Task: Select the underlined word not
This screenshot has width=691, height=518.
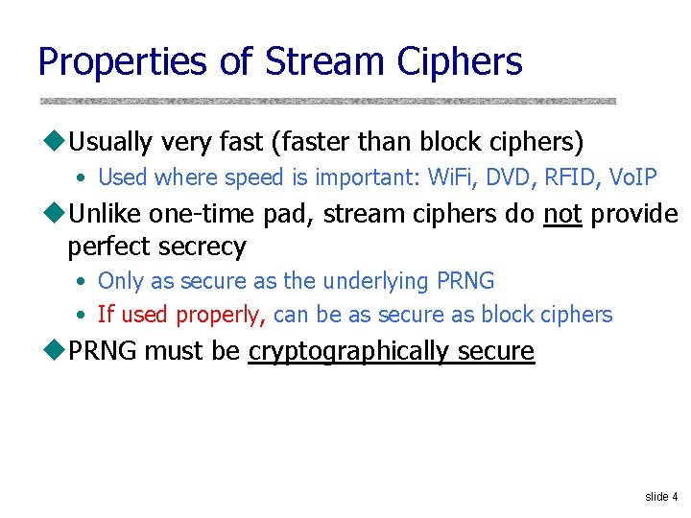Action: coord(562,213)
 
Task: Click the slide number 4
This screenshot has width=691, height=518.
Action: coord(675,497)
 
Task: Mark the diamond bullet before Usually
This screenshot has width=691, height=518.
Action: coord(52,143)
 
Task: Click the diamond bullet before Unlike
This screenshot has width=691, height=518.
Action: coord(52,213)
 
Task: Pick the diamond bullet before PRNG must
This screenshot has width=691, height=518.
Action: coord(52,351)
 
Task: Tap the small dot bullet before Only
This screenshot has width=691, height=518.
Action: coord(83,282)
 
